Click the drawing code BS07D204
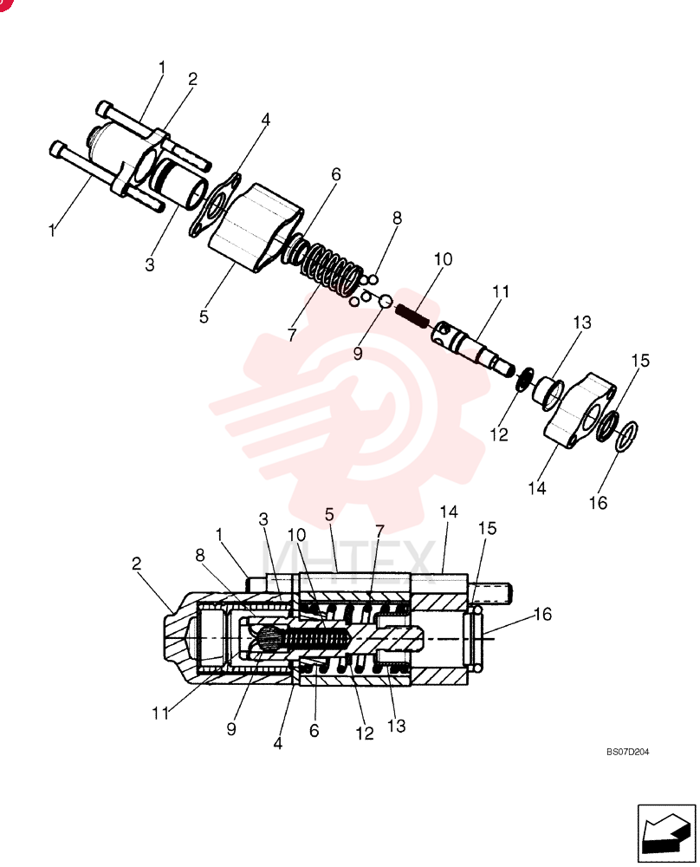point(627,752)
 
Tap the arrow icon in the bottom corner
point(666,833)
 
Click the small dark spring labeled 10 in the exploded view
point(412,316)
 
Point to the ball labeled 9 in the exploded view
point(385,302)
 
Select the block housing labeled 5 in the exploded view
point(256,228)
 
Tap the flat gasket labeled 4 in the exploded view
point(216,205)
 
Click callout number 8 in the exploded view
point(397,218)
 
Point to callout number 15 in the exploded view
point(639,361)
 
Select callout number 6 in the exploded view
point(336,174)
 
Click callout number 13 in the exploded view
point(581,322)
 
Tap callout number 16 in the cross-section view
point(542,614)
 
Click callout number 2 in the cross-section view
point(137,564)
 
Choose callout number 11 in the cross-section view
point(160,714)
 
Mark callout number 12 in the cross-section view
point(365,733)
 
